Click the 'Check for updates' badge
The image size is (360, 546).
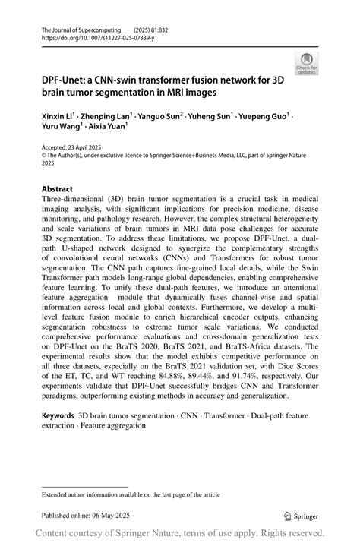[x=307, y=63]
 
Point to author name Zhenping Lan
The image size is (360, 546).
[x=106, y=118]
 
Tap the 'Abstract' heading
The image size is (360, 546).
[x=57, y=188]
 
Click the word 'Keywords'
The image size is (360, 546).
[x=58, y=417]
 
